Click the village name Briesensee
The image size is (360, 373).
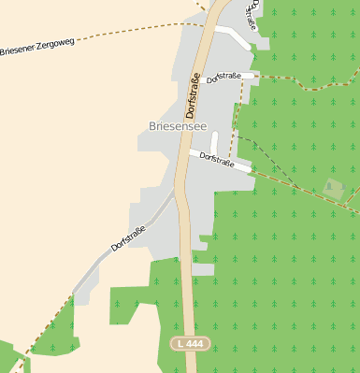pyautogui.click(x=177, y=125)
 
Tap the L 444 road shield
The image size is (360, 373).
pyautogui.click(x=189, y=344)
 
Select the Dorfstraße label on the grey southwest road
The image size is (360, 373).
pyautogui.click(x=129, y=238)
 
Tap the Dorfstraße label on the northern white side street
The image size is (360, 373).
pyautogui.click(x=224, y=77)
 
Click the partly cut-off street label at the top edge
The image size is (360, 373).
pyautogui.click(x=252, y=13)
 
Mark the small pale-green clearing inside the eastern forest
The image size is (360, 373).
pyautogui.click(x=334, y=187)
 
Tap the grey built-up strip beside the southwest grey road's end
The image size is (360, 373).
pyautogui.click(x=84, y=290)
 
